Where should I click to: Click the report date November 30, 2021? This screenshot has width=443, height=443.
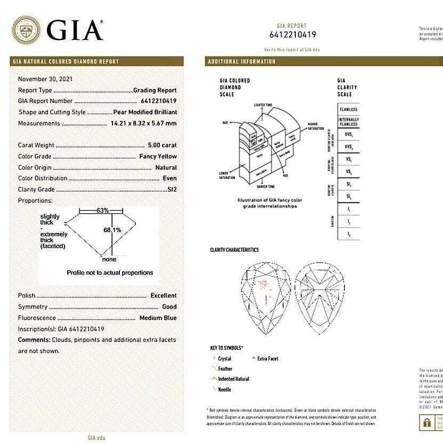45,79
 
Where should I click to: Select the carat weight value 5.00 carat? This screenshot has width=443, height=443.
162,145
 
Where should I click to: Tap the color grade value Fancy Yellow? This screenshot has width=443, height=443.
158,156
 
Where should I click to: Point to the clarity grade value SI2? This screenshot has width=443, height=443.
171,189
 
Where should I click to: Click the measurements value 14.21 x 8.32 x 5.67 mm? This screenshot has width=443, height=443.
143,123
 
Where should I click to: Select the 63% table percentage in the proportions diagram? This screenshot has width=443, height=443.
103,211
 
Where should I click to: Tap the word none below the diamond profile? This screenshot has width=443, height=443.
109,259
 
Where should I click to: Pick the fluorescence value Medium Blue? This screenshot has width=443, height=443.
158,318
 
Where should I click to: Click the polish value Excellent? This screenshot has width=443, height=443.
163,295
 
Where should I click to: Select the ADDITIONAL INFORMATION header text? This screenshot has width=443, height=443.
241,61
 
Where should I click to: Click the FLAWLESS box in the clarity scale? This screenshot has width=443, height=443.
348,109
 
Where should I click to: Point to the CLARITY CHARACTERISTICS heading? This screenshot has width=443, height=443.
235,249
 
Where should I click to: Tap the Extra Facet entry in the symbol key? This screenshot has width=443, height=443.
268,359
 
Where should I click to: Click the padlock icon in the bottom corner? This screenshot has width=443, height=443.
426,423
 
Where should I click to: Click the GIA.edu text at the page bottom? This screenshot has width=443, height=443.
96,438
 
